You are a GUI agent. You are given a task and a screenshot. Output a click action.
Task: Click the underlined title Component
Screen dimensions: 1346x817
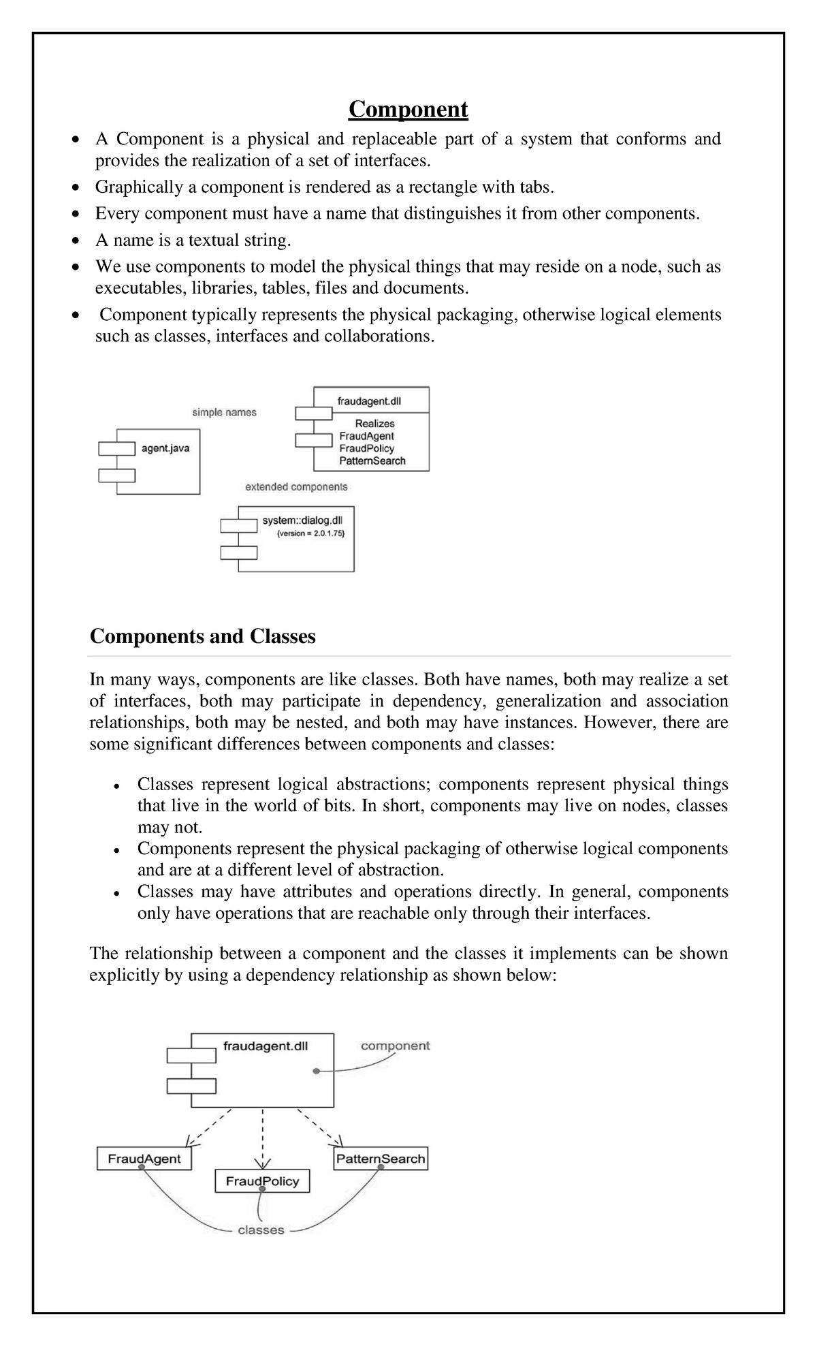click(x=408, y=109)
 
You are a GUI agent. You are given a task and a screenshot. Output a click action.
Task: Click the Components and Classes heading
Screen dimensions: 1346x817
click(x=203, y=636)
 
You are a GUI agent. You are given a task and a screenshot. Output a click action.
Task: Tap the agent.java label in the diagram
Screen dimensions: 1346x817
click(x=165, y=448)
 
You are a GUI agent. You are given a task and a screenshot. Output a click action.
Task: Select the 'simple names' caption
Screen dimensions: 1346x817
click(x=224, y=412)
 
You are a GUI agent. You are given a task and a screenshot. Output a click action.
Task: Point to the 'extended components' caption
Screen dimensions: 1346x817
click(x=296, y=486)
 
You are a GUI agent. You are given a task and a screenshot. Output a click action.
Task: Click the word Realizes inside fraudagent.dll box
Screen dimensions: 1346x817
click(x=374, y=423)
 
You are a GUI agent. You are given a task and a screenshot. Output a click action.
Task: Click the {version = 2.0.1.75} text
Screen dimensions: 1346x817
click(x=310, y=534)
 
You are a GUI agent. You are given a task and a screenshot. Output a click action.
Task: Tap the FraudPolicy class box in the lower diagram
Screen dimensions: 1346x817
click(x=262, y=1180)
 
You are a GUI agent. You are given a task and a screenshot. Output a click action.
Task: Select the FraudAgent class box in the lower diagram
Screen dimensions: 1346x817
click(x=144, y=1159)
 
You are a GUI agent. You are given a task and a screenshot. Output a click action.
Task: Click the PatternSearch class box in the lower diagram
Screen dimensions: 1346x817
click(x=381, y=1158)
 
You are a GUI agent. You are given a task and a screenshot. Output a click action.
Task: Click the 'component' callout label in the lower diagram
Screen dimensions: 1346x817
click(x=395, y=1046)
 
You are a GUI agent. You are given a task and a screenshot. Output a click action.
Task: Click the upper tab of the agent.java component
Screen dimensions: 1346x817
click(x=116, y=448)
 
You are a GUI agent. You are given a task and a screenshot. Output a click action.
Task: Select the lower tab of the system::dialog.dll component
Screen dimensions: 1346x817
click(x=239, y=552)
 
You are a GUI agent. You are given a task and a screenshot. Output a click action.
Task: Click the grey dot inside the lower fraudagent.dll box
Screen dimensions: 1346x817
click(x=316, y=1071)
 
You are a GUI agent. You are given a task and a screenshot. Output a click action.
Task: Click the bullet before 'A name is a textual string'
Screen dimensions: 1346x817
click(x=77, y=241)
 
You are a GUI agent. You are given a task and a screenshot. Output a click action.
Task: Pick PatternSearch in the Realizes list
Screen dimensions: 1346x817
click(x=372, y=460)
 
